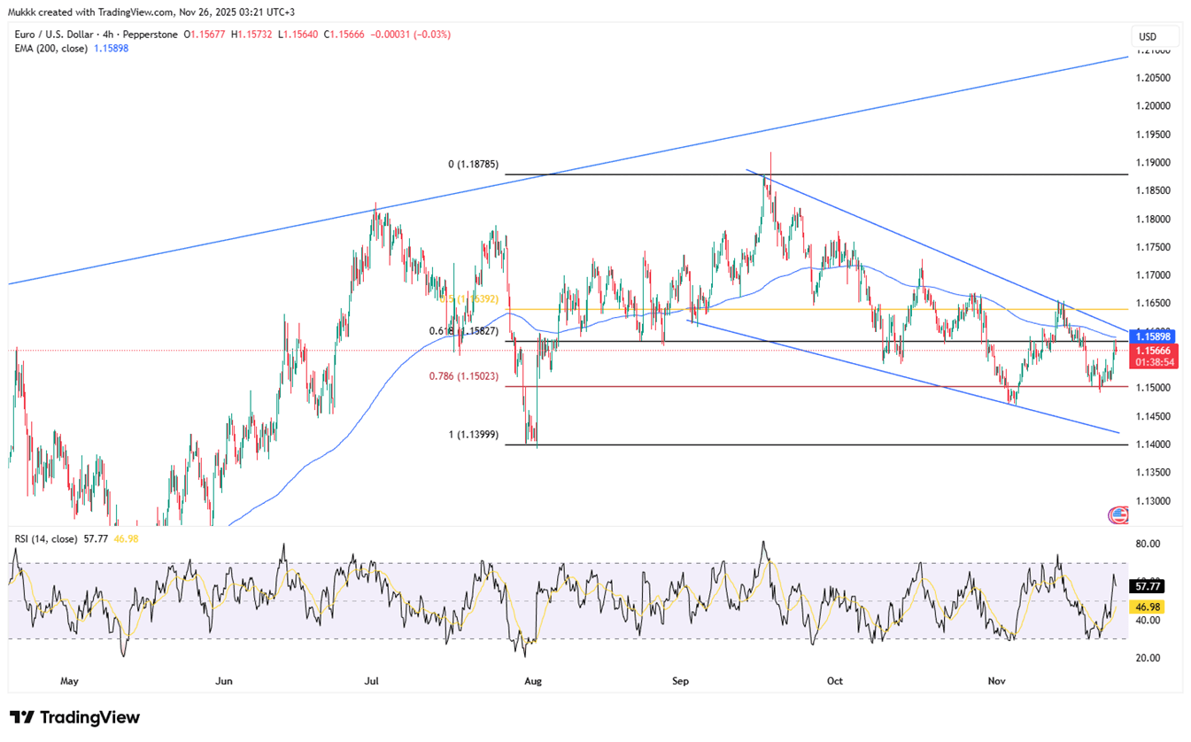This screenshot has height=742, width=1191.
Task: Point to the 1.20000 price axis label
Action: (1154, 106)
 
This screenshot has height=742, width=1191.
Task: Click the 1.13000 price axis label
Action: (1154, 500)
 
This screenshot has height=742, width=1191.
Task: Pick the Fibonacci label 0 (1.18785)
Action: (474, 165)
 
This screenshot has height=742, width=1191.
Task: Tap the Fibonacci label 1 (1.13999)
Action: (474, 434)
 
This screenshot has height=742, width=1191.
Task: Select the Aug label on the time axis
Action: (533, 681)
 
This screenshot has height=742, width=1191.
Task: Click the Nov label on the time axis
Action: (997, 681)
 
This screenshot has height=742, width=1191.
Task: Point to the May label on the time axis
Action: (70, 681)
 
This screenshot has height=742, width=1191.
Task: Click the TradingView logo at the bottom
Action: (75, 717)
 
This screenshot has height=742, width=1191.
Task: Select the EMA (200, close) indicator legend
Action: (50, 49)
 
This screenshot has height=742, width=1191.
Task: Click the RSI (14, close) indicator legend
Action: (45, 537)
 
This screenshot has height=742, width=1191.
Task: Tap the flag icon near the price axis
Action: (1118, 514)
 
